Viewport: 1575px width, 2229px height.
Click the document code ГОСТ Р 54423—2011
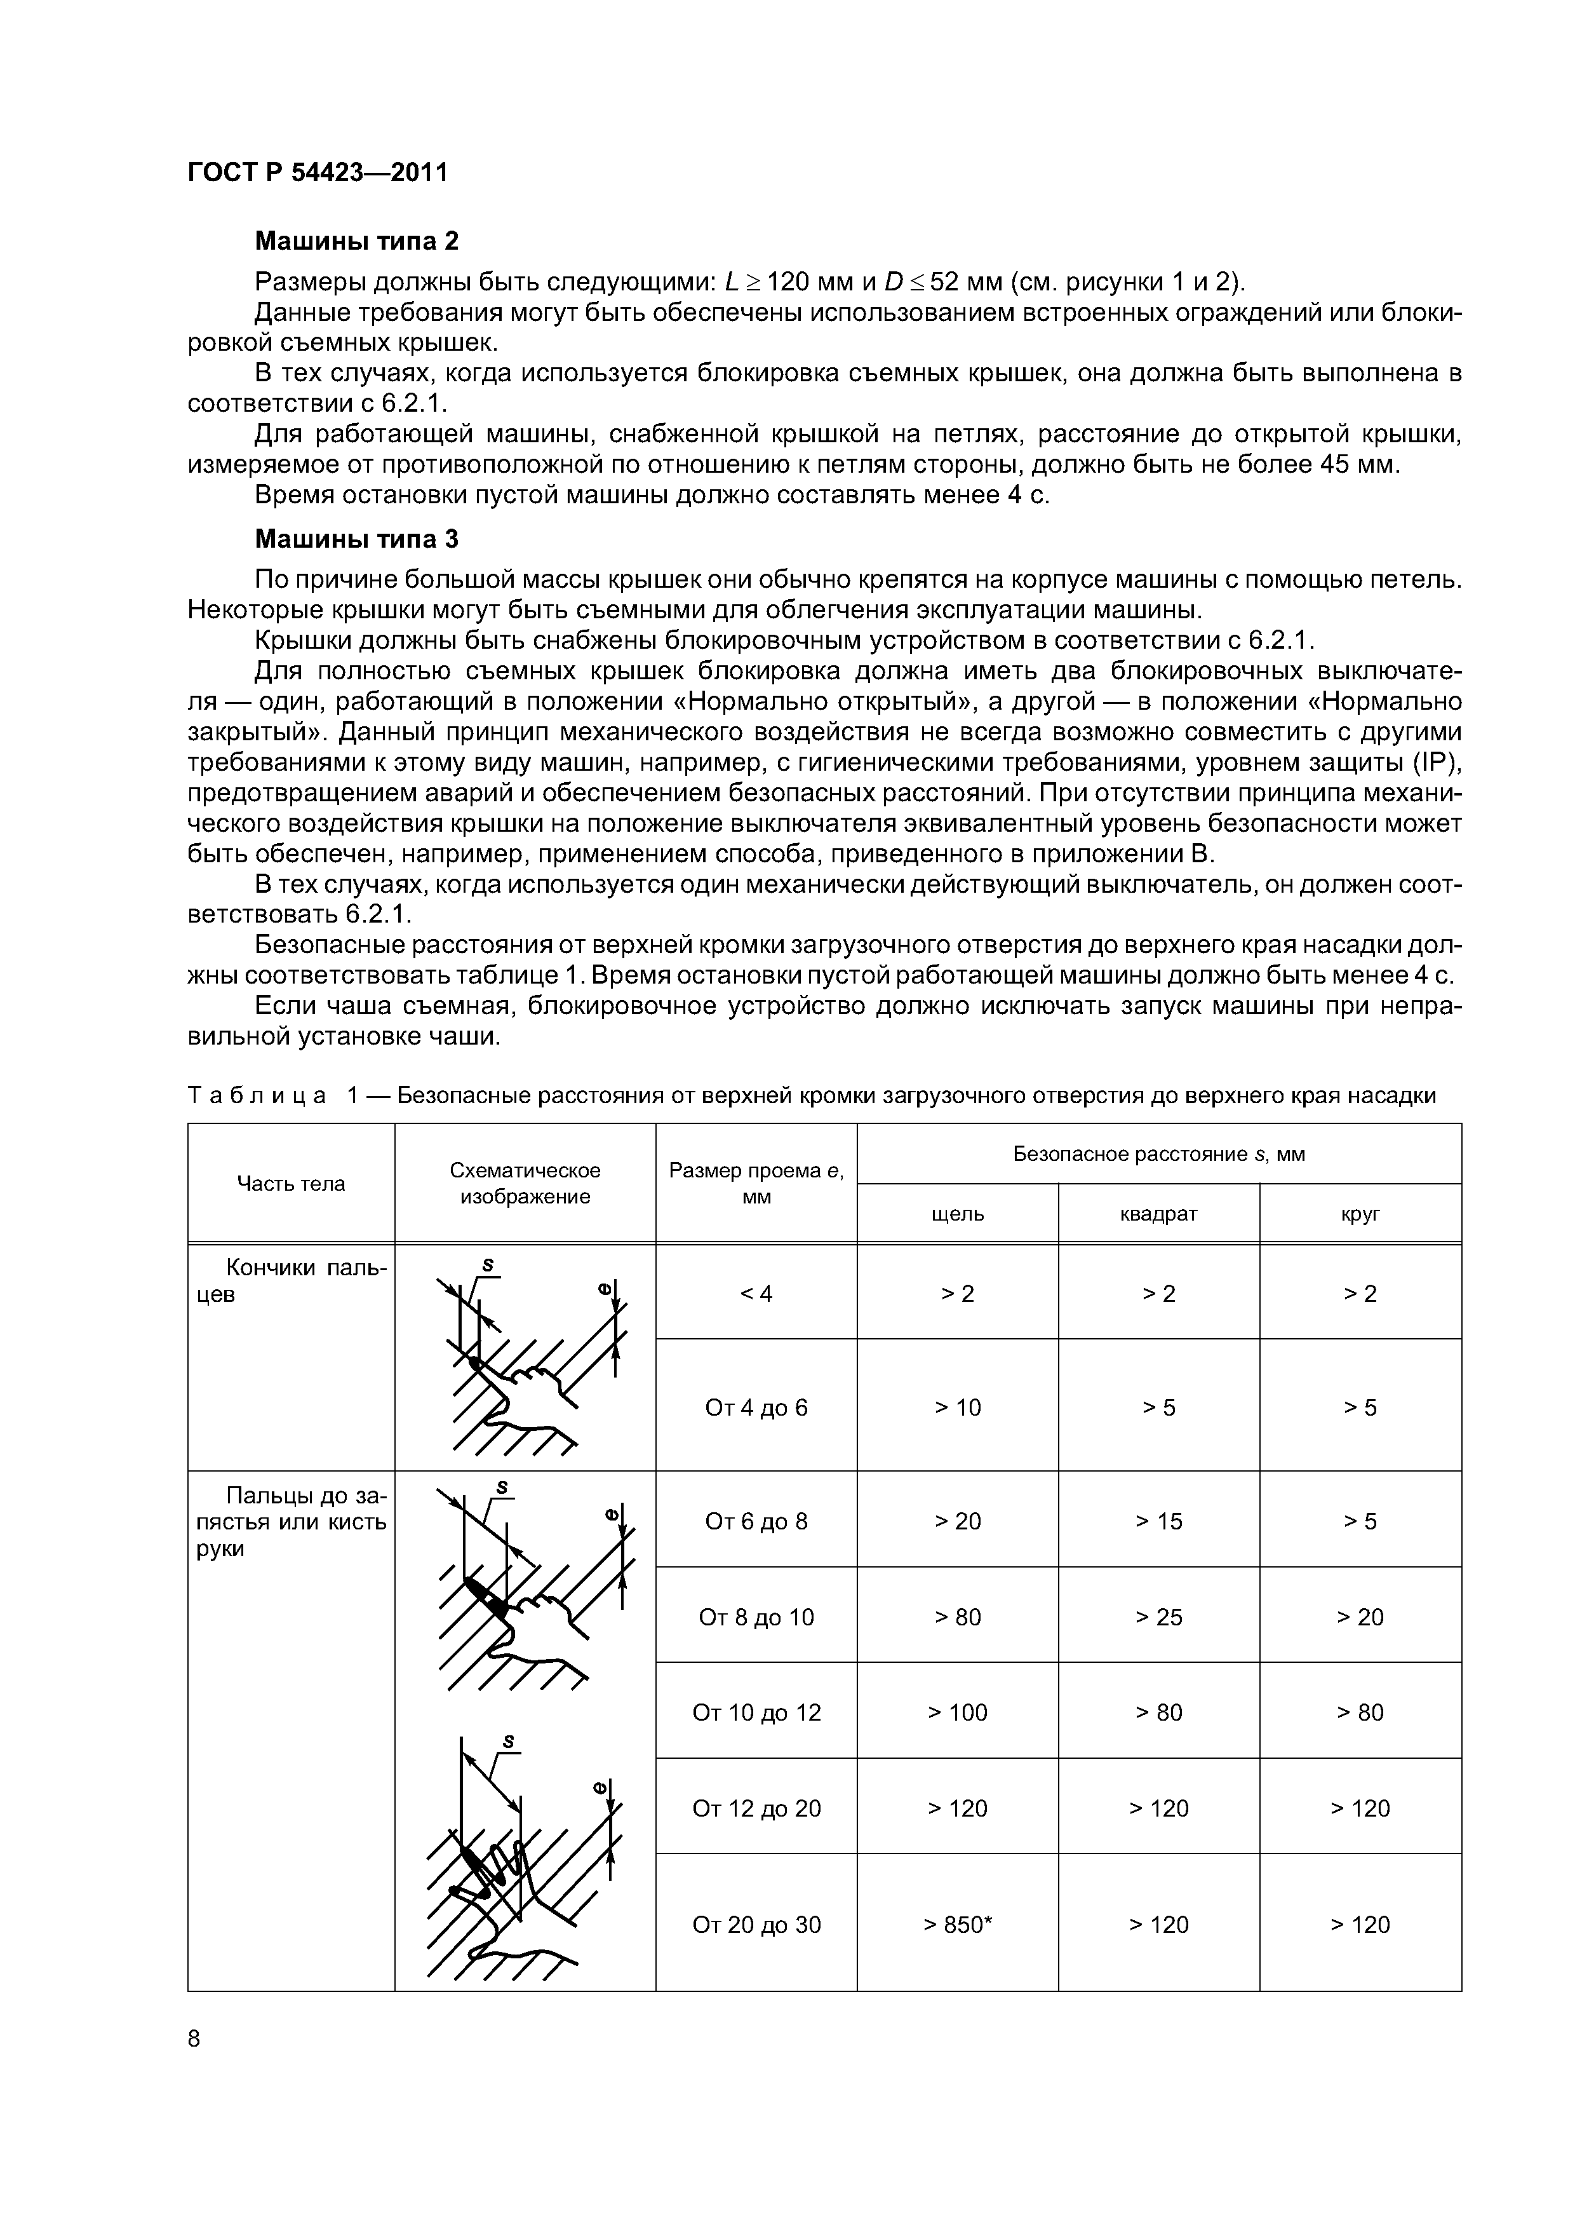point(318,173)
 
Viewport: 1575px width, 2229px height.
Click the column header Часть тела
point(290,1183)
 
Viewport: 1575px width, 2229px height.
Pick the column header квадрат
point(1158,1214)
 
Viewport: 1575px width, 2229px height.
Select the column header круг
point(1360,1214)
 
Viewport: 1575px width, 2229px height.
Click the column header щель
point(957,1214)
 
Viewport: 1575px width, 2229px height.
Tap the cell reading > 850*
point(957,1924)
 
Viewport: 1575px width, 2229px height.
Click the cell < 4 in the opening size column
point(756,1293)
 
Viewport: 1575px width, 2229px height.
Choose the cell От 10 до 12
point(756,1712)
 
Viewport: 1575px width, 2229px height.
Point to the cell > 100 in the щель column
point(957,1712)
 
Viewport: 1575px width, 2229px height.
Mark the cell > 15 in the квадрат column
point(1158,1521)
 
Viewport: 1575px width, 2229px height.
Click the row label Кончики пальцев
point(290,1280)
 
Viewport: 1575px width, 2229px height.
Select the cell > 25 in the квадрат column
point(1158,1617)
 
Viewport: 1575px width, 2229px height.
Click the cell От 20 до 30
point(756,1924)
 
